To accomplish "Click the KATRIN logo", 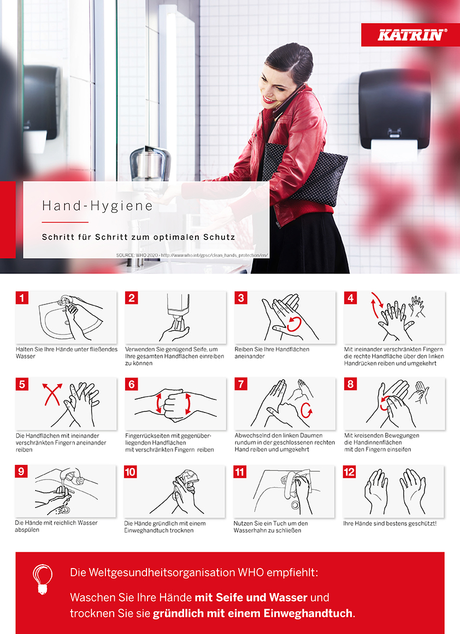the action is click(x=411, y=35).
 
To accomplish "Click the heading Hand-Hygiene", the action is click(x=98, y=206).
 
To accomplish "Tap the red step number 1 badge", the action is click(x=21, y=298).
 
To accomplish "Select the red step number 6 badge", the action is click(x=131, y=384).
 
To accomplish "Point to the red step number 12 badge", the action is click(x=349, y=472).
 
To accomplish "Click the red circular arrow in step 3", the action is click(x=294, y=324).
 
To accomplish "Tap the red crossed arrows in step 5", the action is click(x=52, y=393).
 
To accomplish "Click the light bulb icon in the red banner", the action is click(x=43, y=579).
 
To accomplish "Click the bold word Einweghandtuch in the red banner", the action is click(x=308, y=613).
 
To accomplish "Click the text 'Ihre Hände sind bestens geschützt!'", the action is click(x=390, y=524).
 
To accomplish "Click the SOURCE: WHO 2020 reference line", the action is click(x=192, y=255).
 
